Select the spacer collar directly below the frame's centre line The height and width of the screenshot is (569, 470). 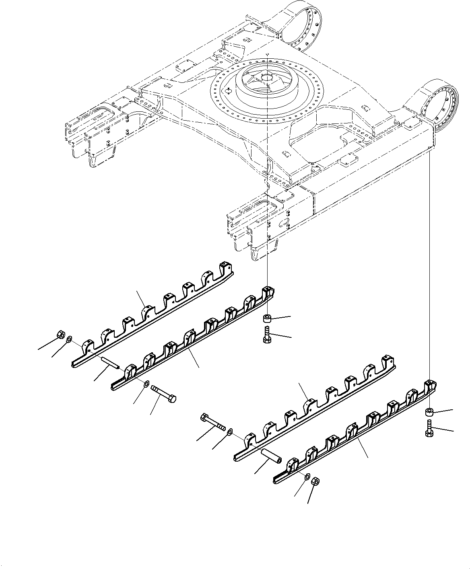coord(266,319)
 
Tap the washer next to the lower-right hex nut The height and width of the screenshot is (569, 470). coord(306,477)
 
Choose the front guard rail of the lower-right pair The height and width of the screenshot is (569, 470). coord(354,442)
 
